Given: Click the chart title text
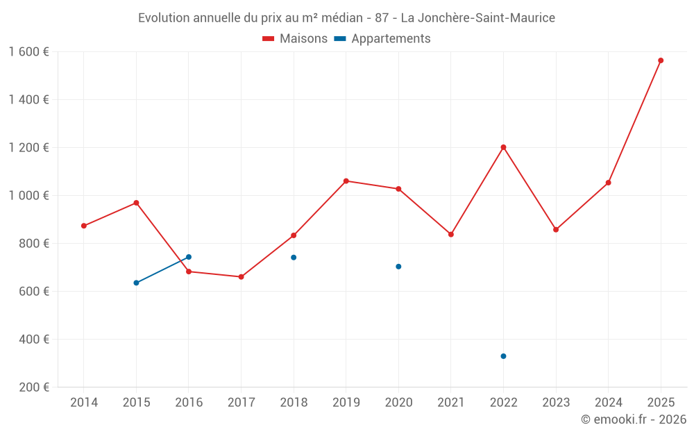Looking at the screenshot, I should point(346,17).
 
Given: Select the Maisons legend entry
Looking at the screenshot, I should point(295,39).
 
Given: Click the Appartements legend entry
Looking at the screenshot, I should point(382,39).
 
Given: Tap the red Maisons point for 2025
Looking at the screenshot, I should point(661,60).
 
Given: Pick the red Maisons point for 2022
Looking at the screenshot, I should point(503,147).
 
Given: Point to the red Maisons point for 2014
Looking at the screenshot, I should point(84,226).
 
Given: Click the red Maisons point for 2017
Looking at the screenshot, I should point(241,277).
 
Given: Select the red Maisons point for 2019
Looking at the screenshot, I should point(346,181).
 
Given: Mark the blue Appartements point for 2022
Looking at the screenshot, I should point(503,356).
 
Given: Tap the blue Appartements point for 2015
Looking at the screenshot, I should point(136,283).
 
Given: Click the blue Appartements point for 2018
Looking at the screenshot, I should point(294,258).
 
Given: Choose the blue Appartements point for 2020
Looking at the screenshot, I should point(398,267).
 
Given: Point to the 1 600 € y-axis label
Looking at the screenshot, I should point(29,52).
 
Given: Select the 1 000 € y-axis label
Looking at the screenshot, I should point(29,196).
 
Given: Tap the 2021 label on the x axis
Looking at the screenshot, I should point(451,403).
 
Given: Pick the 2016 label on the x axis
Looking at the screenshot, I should point(189,403).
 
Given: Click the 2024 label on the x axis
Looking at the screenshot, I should point(608,403).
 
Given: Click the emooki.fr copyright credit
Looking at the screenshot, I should point(633,419).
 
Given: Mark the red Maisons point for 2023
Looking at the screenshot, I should point(556,229).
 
